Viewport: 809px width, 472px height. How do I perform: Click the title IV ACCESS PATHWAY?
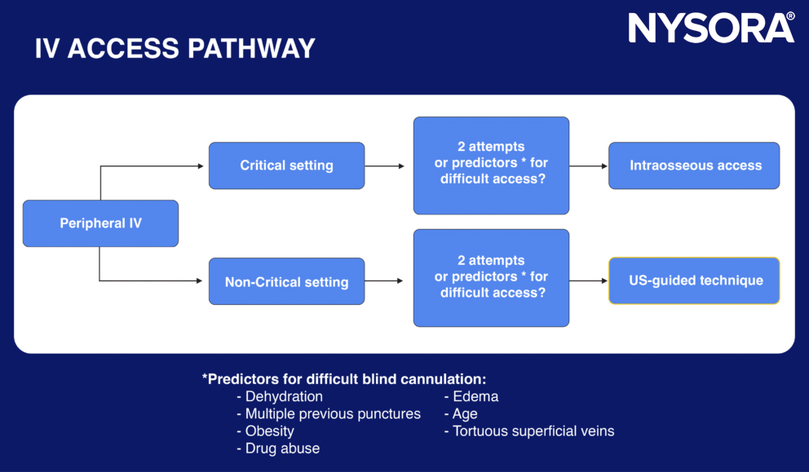pyautogui.click(x=175, y=49)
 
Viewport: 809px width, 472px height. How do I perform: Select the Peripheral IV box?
pyautogui.click(x=100, y=223)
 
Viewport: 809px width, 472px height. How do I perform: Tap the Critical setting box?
pyautogui.click(x=286, y=165)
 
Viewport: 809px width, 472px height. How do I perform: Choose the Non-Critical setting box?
pyautogui.click(x=286, y=282)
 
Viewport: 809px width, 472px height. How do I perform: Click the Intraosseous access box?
pyautogui.click(x=695, y=165)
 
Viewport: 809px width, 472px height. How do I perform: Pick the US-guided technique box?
pyautogui.click(x=695, y=280)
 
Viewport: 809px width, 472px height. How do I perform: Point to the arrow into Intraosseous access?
pyautogui.click(x=588, y=165)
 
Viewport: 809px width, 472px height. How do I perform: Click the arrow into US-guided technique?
pyautogui.click(x=588, y=281)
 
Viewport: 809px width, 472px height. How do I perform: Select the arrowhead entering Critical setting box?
pyautogui.click(x=199, y=166)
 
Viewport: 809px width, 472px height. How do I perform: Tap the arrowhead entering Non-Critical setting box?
pyautogui.click(x=199, y=281)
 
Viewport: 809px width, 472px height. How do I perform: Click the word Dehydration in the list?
pyautogui.click(x=284, y=397)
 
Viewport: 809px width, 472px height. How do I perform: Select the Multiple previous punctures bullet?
pyautogui.click(x=333, y=414)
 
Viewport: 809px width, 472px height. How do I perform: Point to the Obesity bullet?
pyautogui.click(x=269, y=431)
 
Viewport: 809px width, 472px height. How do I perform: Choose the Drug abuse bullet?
pyautogui.click(x=282, y=448)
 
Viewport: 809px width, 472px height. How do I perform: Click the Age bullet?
pyautogui.click(x=465, y=414)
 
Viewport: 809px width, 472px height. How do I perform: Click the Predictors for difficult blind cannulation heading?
pyautogui.click(x=344, y=379)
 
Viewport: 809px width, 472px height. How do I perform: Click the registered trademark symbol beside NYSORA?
pyautogui.click(x=790, y=16)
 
